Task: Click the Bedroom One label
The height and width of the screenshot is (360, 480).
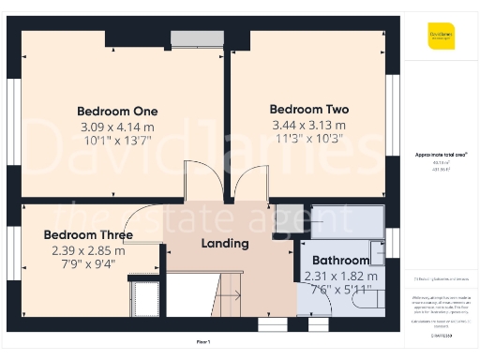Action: pos(117,111)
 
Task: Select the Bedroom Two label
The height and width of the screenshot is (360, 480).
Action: pos(308,108)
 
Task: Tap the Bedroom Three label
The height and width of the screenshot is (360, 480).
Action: pos(88,234)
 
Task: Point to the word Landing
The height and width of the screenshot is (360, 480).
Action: pos(225,244)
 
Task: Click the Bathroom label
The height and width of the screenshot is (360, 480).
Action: pos(340,260)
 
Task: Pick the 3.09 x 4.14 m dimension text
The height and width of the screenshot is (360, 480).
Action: pos(117,127)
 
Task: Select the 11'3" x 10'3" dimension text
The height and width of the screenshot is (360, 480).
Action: pos(308,139)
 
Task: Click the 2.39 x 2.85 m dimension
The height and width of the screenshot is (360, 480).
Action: pos(88,250)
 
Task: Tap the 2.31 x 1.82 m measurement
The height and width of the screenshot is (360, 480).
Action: pos(341,276)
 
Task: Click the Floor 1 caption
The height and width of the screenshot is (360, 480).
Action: pos(202,343)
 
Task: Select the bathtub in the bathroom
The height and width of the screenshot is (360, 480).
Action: pos(347,221)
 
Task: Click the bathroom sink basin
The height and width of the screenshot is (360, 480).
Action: pos(377,253)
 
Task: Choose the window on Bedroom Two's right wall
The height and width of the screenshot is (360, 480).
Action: pos(393,103)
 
